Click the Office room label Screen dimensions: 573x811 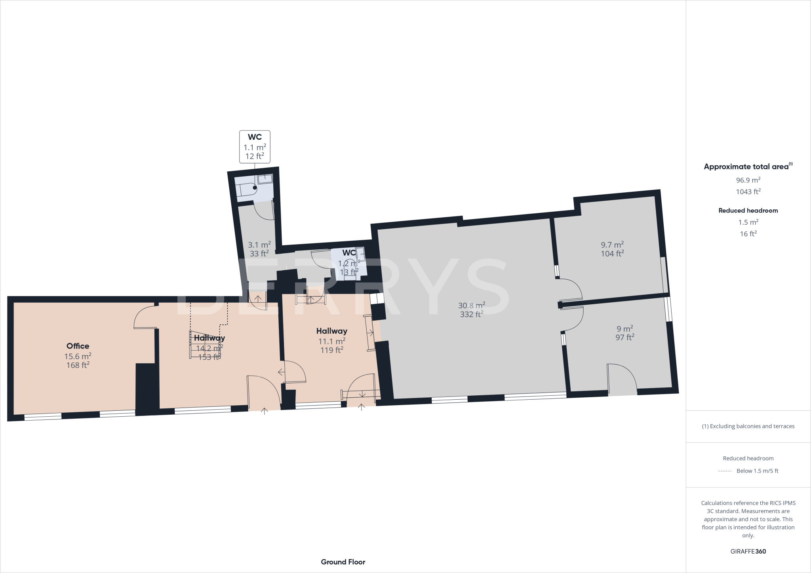[78, 346]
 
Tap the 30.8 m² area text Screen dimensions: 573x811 [471, 305]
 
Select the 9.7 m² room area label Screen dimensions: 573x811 [612, 245]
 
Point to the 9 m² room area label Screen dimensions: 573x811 [624, 329]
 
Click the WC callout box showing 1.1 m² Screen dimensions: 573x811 [255, 147]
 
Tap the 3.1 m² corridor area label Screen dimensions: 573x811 [259, 245]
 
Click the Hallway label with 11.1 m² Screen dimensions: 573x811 [331, 331]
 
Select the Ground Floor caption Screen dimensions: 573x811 [343, 562]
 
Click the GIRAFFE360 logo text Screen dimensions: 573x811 [748, 551]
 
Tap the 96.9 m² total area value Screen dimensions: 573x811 [748, 180]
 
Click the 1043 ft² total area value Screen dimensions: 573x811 [748, 192]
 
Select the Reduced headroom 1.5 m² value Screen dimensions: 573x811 [748, 222]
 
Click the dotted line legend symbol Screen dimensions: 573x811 [725, 471]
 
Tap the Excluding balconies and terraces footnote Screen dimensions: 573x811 [748, 426]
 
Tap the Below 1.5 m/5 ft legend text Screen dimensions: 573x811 [757, 471]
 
